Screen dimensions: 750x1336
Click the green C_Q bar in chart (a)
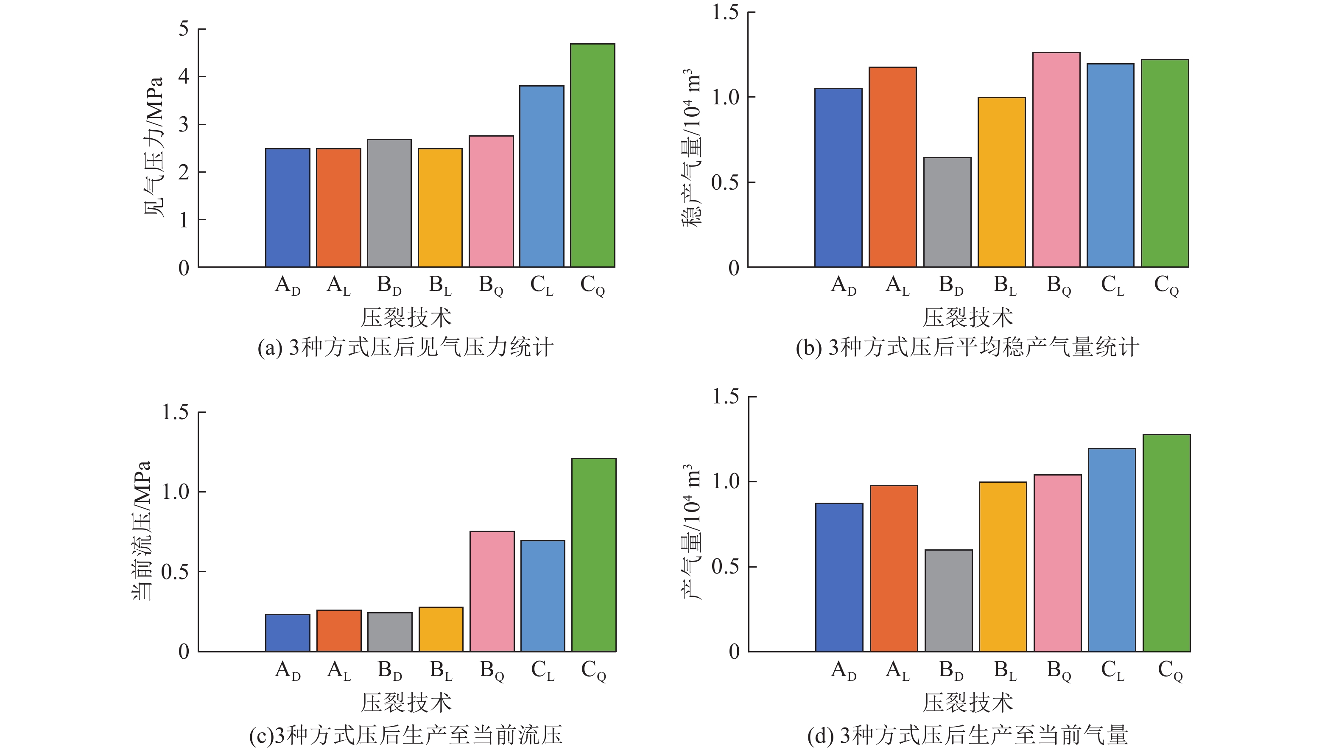click(x=592, y=156)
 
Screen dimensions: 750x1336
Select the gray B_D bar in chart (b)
click(x=947, y=212)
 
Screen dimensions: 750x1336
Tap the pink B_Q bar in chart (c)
click(x=492, y=591)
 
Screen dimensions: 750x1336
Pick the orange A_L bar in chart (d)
click(x=894, y=568)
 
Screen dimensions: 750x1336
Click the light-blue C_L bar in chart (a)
click(x=542, y=176)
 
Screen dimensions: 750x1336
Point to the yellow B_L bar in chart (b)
click(x=1001, y=182)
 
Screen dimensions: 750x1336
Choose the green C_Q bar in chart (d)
click(x=1166, y=543)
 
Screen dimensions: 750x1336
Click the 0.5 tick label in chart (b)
click(x=725, y=182)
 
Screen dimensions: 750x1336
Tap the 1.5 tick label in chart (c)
click(x=175, y=412)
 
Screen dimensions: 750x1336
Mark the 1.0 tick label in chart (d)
click(x=726, y=481)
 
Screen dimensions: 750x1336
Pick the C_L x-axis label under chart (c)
click(x=542, y=671)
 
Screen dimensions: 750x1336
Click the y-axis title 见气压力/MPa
click(x=154, y=147)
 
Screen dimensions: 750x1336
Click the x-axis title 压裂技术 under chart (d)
click(x=968, y=703)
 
